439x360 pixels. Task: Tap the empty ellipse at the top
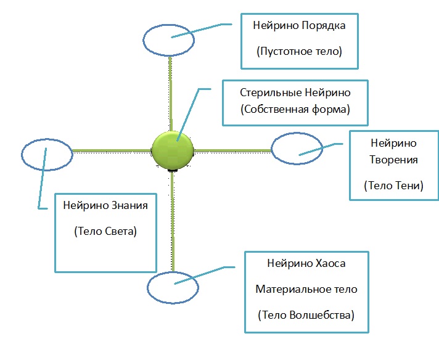168,39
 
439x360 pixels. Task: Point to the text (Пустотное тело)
299,53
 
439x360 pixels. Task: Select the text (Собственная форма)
295,110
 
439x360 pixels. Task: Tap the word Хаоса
328,263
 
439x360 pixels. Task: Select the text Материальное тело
306,289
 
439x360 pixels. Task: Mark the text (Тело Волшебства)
306,315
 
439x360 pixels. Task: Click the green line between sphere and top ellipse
171,92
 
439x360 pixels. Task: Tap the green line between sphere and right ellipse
232,150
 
